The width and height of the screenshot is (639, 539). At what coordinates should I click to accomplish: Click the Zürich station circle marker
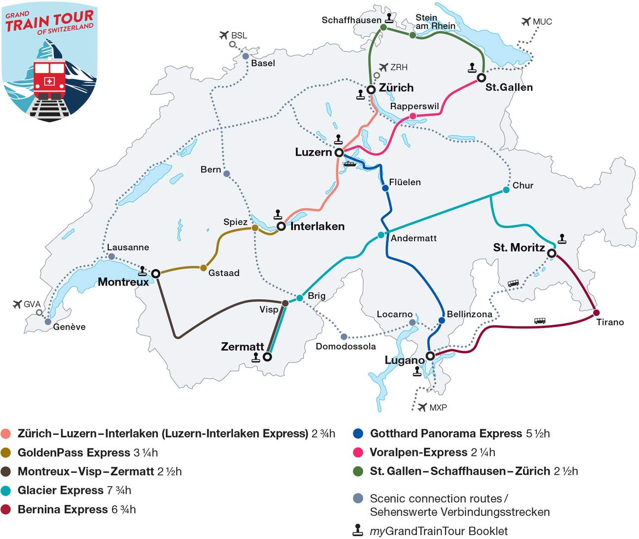tap(371, 89)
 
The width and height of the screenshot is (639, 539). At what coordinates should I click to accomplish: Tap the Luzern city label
tap(313, 152)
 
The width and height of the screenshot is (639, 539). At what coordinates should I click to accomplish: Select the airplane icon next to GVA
tap(18, 304)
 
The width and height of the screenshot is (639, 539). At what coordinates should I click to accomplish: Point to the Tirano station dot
tap(596, 313)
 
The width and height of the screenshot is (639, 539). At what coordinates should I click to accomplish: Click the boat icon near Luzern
tap(349, 164)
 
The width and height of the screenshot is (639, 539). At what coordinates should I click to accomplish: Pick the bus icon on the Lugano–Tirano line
tap(540, 321)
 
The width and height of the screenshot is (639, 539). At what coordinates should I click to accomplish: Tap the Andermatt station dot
tap(381, 235)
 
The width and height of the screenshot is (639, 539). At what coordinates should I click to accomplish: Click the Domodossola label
tap(345, 346)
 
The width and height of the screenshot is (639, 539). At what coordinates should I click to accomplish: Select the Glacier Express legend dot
tap(6, 491)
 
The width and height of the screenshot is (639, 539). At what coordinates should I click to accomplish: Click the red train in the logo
tap(49, 80)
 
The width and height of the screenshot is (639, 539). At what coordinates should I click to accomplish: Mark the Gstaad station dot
tap(203, 268)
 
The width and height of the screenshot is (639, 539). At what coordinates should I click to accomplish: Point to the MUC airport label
tap(542, 22)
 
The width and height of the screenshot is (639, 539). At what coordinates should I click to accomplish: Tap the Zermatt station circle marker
tap(267, 356)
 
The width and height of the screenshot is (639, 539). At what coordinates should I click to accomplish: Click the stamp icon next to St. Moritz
tap(562, 239)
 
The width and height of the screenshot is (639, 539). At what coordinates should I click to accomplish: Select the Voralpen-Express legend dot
tap(358, 453)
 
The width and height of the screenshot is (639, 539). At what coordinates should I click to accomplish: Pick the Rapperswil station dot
tap(413, 116)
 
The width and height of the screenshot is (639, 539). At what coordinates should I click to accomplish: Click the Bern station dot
tap(226, 173)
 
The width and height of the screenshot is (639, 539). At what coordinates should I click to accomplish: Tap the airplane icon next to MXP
tap(422, 408)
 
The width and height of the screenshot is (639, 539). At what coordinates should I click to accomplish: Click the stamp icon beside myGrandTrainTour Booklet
tap(358, 531)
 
